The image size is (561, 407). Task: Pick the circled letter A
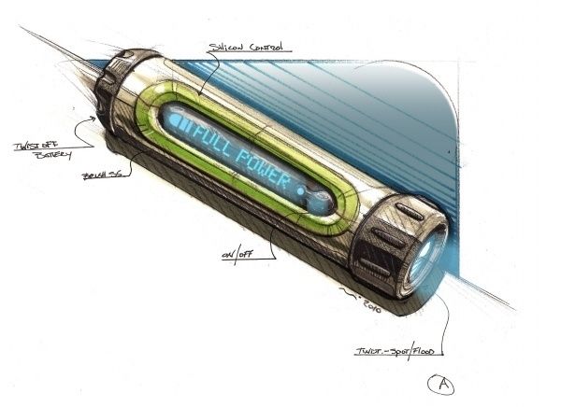pos(439,383)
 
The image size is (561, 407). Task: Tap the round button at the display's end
pos(321,200)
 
